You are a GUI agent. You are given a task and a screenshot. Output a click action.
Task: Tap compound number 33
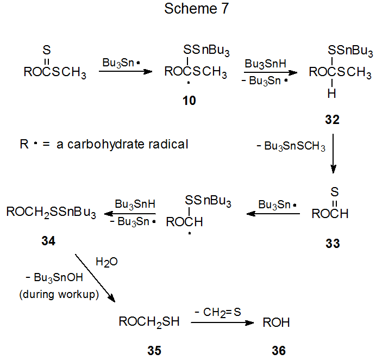tap(332, 244)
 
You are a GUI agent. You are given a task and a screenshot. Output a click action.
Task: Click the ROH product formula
tap(276, 322)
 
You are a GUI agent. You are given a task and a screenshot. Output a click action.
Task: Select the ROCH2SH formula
tap(149, 322)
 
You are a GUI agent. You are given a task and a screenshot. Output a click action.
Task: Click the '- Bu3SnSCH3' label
tap(291, 147)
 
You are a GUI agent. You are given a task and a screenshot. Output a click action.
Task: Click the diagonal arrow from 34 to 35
tap(95, 277)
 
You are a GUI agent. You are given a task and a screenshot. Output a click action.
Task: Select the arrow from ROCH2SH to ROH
tap(222, 322)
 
